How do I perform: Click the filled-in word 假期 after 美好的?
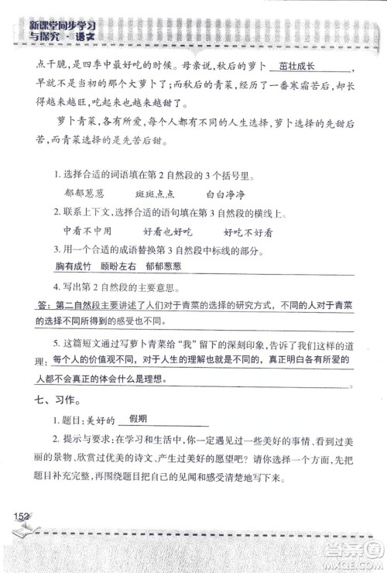pos(139,420)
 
